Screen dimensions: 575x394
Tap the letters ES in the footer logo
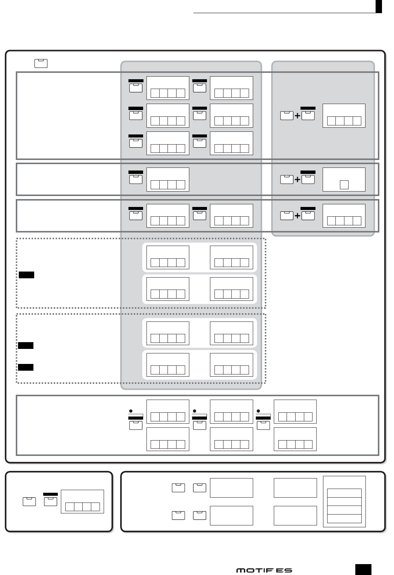coord(284,570)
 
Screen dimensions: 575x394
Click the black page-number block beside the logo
coord(363,569)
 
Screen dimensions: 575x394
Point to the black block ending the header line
coord(379,6)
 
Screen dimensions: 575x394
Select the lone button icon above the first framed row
coord(41,63)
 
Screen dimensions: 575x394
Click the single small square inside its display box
coord(344,184)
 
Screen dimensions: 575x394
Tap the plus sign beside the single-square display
coord(297,180)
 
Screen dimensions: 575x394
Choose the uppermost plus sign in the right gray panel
coord(297,116)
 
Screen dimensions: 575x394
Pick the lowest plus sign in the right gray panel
coord(297,216)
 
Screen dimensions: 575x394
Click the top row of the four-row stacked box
coord(344,493)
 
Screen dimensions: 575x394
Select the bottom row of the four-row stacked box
coord(344,519)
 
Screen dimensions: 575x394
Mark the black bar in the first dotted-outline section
coord(26,275)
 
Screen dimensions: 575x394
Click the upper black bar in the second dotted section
coord(26,346)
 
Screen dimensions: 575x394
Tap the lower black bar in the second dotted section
coord(26,367)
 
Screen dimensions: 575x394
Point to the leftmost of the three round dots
coord(131,411)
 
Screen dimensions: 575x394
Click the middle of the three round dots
coord(195,411)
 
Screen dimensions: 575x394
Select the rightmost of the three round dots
coord(258,411)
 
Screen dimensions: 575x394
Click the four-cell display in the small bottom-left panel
coord(82,507)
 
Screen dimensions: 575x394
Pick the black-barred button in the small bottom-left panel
coord(51,501)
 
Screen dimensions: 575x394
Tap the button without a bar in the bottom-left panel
coord(29,501)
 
